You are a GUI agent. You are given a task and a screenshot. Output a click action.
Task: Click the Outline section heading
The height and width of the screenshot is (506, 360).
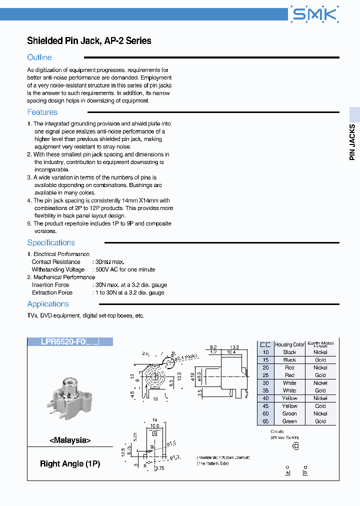click(39, 57)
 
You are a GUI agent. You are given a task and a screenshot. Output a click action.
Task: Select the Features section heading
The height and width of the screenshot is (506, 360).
click(42, 112)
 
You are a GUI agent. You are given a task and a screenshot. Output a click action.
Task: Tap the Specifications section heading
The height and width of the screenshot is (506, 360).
click(51, 243)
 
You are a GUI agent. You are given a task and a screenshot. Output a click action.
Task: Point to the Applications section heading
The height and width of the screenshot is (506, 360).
click(48, 304)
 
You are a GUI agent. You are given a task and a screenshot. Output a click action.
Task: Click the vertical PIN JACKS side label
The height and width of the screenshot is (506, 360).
click(352, 142)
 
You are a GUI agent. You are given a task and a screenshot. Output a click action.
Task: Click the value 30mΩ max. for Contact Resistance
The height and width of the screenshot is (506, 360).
click(109, 262)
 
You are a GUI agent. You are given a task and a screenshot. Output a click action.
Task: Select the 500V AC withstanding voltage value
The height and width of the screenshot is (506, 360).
click(125, 269)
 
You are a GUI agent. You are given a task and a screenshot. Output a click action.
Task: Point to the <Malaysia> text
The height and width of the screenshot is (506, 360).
click(70, 440)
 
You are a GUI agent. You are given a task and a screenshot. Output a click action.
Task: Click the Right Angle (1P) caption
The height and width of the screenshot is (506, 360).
click(70, 463)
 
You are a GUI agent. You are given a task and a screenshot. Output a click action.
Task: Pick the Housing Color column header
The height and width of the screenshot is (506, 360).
click(290, 344)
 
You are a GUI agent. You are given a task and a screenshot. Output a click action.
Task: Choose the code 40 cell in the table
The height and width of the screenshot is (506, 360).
click(265, 398)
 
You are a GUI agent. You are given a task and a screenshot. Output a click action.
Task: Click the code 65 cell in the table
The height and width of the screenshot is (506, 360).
click(265, 421)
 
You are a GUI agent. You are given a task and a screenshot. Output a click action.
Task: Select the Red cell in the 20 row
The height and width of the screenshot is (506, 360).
click(289, 367)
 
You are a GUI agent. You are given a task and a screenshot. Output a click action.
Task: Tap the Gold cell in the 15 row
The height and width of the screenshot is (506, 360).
click(320, 360)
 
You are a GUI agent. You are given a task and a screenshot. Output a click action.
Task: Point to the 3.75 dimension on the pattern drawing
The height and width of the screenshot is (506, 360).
click(160, 468)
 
